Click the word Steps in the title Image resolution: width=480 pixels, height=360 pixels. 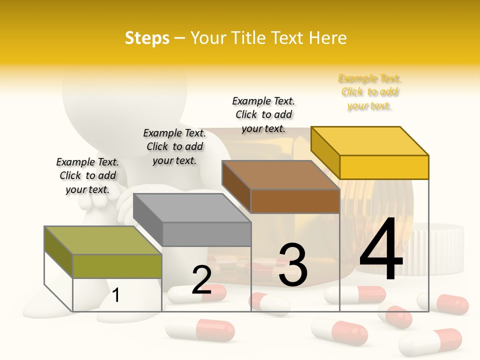[147, 38]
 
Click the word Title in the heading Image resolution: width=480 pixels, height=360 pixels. [247, 38]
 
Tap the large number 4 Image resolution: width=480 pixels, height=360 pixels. [381, 250]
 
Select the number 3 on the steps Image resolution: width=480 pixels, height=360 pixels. [292, 265]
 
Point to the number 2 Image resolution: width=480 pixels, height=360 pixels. [201, 280]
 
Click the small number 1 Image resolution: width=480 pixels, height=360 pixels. [116, 295]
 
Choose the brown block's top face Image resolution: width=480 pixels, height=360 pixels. [280, 175]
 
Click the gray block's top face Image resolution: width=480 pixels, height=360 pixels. [192, 207]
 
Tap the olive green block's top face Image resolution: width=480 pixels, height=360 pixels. [103, 240]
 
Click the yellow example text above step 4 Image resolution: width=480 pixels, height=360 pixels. [369, 92]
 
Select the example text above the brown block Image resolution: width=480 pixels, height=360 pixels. [263, 114]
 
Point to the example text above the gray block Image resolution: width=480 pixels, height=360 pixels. [174, 146]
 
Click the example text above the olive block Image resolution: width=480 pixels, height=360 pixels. [87, 175]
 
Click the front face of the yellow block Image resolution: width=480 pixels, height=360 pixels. [384, 167]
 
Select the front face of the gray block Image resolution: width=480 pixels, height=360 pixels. [206, 234]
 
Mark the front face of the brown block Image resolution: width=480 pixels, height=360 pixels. [295, 201]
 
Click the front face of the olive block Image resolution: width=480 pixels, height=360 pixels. [117, 266]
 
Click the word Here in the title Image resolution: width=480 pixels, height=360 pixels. [327, 38]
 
